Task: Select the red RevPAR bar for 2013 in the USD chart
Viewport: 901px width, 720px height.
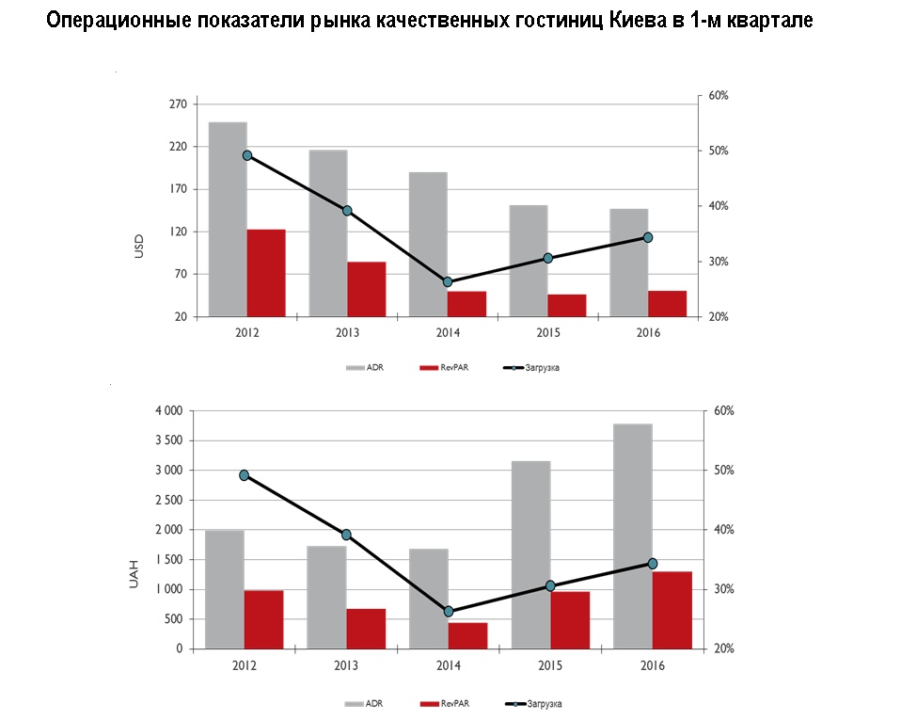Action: [367, 289]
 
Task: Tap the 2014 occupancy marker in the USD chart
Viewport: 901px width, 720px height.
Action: [448, 282]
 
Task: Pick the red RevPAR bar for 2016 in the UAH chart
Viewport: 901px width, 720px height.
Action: [672, 610]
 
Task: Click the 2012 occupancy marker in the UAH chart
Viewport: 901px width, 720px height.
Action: [245, 475]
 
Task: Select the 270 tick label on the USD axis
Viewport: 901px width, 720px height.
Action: [177, 104]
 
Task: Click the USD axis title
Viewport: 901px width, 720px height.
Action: [139, 248]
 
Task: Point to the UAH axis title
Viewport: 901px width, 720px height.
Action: [133, 573]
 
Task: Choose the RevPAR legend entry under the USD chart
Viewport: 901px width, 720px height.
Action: [450, 367]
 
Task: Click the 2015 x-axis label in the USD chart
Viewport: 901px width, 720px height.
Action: [547, 333]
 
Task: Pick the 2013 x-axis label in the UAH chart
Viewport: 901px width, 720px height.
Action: [346, 665]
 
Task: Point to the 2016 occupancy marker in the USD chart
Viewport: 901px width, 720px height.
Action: [648, 237]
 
